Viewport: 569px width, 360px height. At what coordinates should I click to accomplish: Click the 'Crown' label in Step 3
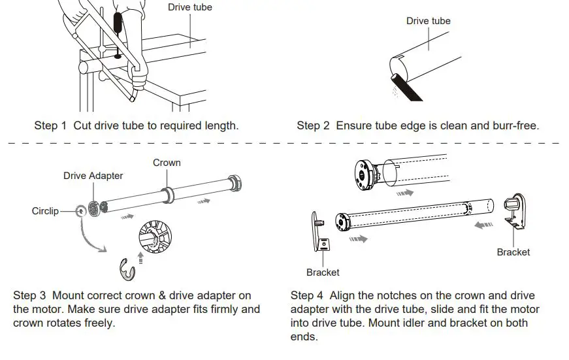coord(167,162)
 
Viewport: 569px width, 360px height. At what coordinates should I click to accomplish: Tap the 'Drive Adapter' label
coord(93,176)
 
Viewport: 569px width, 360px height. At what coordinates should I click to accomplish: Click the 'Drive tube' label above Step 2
coord(428,21)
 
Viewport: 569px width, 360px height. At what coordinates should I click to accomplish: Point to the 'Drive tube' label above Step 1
coord(190,7)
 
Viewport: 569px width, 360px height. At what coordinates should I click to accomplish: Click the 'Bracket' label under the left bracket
coord(323,272)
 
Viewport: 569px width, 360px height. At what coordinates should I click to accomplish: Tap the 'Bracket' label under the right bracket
coord(513,252)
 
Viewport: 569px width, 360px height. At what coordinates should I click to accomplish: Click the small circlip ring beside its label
coord(80,210)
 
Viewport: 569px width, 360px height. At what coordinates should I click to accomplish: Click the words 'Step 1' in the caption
coord(50,125)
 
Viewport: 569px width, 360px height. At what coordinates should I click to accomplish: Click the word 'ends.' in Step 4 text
coord(304,336)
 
